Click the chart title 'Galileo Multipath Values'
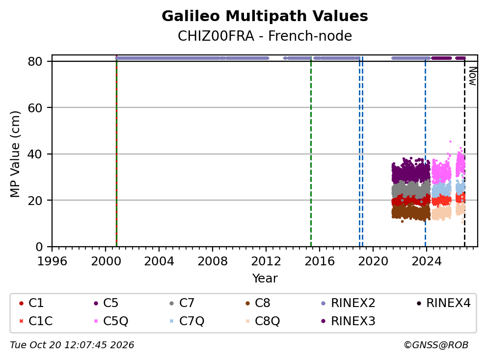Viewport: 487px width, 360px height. click(265, 16)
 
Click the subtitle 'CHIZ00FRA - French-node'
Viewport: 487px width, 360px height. click(265, 36)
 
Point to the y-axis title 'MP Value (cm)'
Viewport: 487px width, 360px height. click(15, 154)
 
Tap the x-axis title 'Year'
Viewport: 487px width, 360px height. click(265, 278)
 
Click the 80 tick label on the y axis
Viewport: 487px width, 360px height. click(35, 61)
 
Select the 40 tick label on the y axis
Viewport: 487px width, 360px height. click(35, 154)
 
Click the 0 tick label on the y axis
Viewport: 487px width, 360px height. click(39, 247)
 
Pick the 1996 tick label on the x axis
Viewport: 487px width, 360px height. click(52, 261)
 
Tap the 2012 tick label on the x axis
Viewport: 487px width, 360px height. click(266, 261)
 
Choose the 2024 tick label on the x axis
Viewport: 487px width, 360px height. click(427, 261)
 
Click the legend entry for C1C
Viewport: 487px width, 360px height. click(36, 321)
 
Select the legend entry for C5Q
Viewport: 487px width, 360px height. click(110, 321)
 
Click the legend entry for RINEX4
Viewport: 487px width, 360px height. click(443, 303)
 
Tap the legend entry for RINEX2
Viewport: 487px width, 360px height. click(348, 303)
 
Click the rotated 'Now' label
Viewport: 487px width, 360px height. click(472, 77)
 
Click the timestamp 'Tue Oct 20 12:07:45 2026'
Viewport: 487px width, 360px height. click(72, 345)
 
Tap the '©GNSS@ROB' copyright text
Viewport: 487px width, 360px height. click(436, 345)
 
